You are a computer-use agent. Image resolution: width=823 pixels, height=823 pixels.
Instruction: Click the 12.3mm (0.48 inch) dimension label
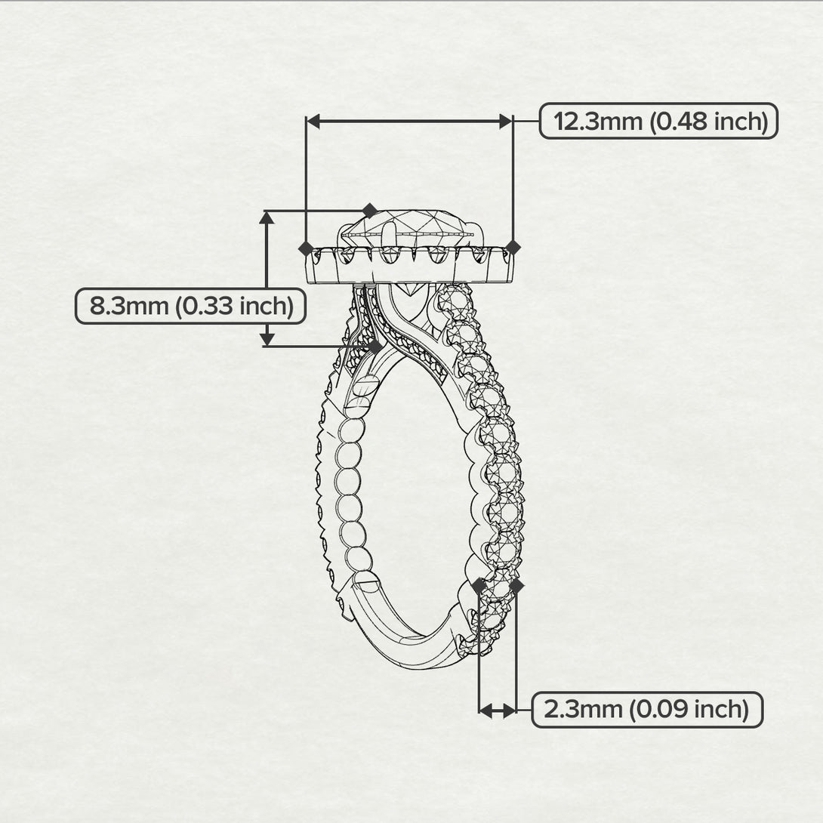(658, 121)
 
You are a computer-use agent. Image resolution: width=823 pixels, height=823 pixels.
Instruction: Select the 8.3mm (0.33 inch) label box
(190, 307)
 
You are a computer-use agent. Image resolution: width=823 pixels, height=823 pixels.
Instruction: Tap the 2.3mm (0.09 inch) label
(647, 710)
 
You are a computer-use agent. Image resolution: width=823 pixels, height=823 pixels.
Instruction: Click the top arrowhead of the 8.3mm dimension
(267, 218)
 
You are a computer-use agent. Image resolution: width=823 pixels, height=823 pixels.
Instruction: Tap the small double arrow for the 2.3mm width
(498, 710)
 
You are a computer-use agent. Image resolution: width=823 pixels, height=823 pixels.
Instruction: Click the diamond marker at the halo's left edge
(306, 248)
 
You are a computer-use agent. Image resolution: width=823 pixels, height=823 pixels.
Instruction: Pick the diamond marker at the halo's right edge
(513, 248)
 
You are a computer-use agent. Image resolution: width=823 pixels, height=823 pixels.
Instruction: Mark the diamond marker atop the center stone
(370, 210)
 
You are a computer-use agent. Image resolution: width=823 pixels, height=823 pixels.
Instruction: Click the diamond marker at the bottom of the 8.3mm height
(375, 346)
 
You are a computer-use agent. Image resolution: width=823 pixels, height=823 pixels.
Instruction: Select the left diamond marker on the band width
(479, 584)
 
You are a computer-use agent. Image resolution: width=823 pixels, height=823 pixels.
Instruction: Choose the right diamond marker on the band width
(516, 584)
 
